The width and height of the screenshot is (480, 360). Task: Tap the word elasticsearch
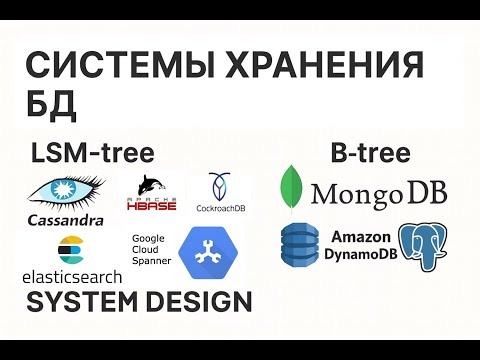tap(71, 275)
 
